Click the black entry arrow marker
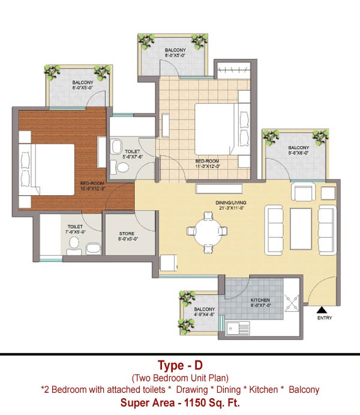[x=319, y=309]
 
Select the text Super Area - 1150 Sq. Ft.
[x=179, y=402]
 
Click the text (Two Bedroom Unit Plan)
[x=179, y=378]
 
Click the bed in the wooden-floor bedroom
[x=48, y=169]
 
